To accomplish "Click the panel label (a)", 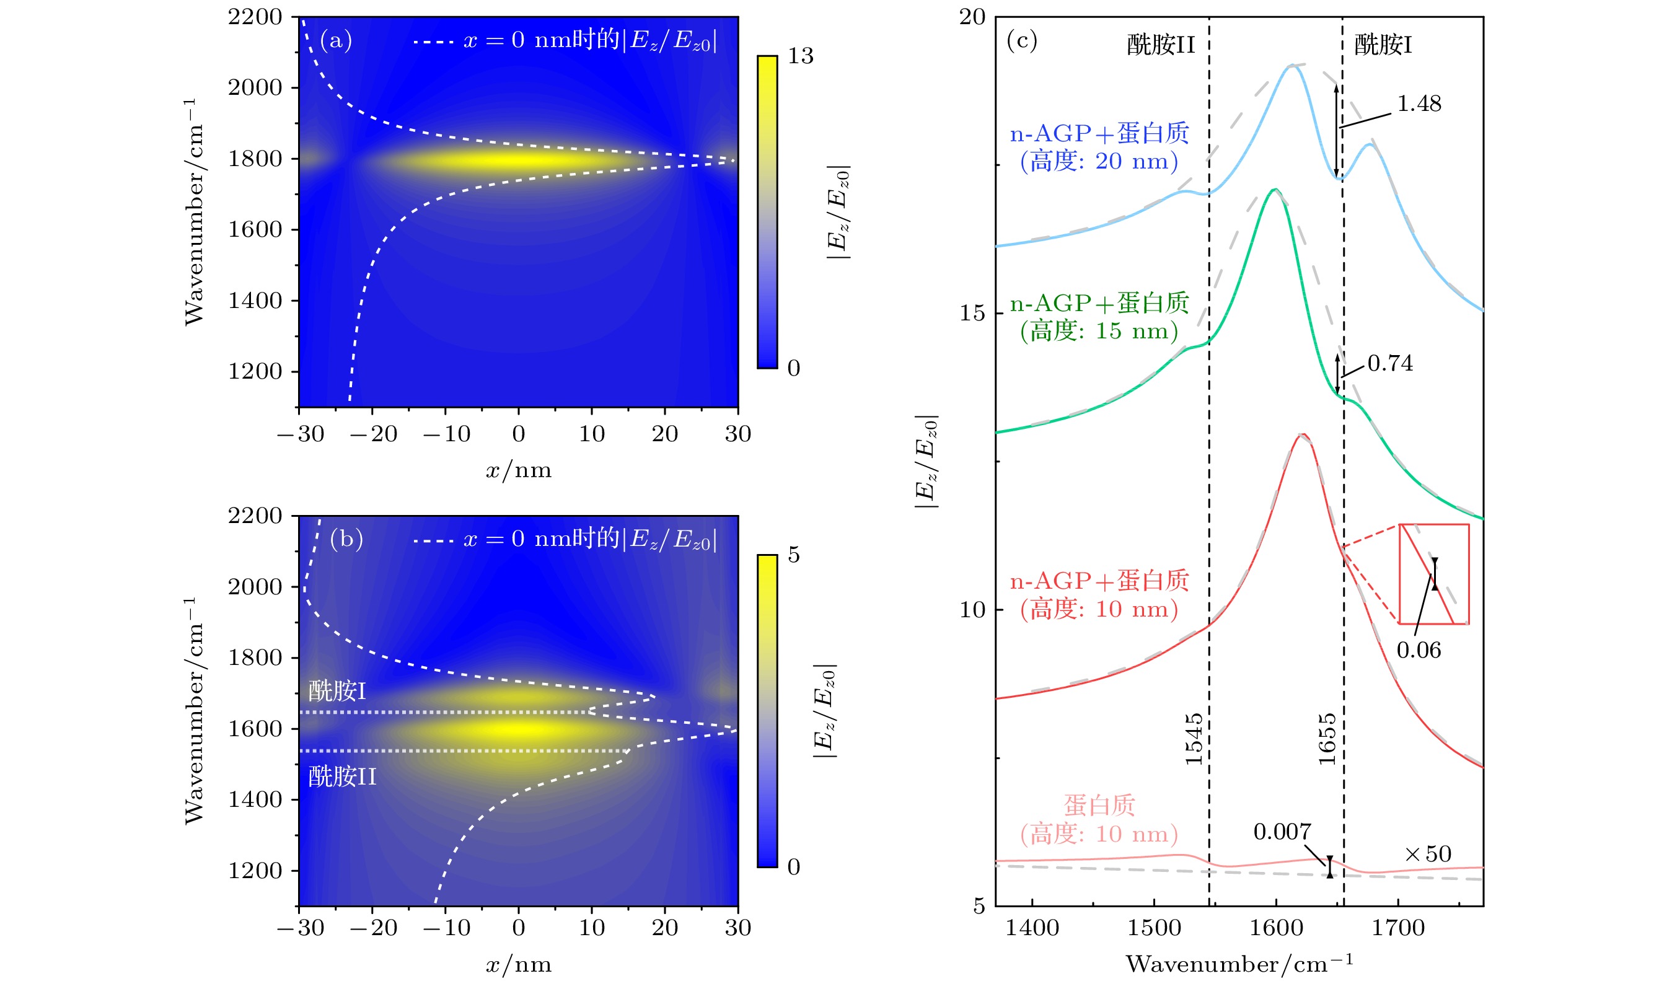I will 336,40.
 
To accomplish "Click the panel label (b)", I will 346,539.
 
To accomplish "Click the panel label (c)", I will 1021,40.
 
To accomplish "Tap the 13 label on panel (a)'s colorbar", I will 800,56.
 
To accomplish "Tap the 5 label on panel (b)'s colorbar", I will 793,555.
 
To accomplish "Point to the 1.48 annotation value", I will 1419,103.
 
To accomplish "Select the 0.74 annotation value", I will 1389,364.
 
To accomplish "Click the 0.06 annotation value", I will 1418,651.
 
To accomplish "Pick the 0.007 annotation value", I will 1282,832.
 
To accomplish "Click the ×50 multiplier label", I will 1428,854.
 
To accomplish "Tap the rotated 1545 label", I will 1194,739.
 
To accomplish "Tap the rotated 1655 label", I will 1327,739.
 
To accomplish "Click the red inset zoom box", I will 1433,574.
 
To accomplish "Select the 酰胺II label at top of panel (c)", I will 1161,45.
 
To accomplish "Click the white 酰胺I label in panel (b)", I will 337,692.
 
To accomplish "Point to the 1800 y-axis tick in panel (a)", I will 255,159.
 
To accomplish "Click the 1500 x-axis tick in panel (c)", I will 1153,928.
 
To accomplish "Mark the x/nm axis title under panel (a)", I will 518,470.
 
